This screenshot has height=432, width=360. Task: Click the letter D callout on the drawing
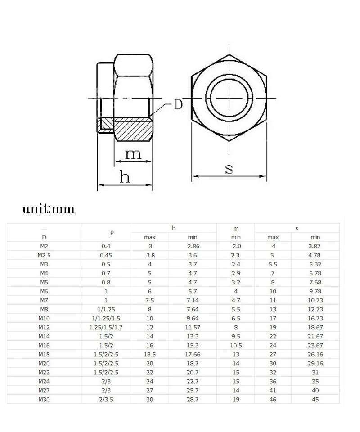(178, 104)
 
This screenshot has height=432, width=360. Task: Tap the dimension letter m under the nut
(133, 154)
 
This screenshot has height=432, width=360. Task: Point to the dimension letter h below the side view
(125, 176)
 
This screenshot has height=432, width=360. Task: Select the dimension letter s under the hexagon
(229, 169)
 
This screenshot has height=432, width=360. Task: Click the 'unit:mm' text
(49, 209)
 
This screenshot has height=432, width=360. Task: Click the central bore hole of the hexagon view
(229, 98)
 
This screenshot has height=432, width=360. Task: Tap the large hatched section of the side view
(133, 130)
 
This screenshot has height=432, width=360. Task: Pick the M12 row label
(44, 327)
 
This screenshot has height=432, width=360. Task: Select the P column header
(112, 233)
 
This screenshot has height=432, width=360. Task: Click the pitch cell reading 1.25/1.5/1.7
(106, 327)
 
